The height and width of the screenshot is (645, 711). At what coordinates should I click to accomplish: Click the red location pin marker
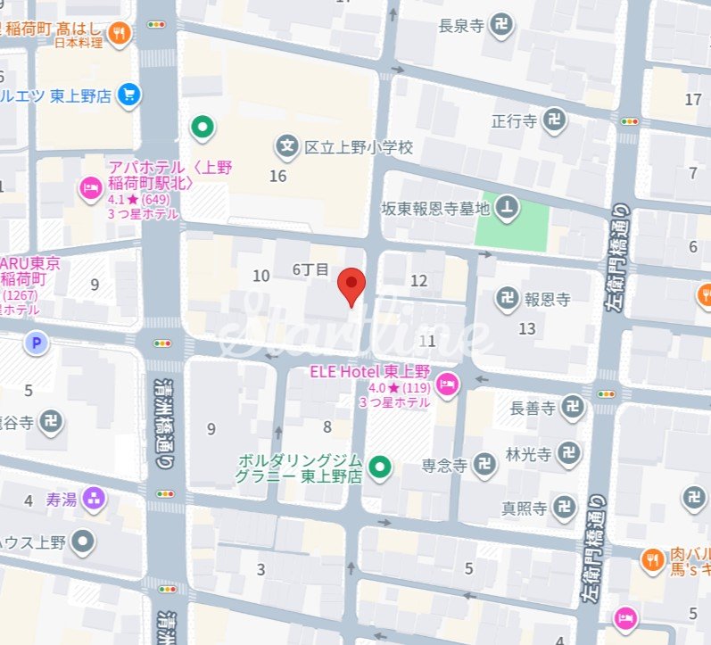(x=352, y=286)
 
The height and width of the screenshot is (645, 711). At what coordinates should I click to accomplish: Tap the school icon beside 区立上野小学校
(x=286, y=145)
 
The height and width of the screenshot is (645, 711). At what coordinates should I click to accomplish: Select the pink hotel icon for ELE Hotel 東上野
(x=449, y=383)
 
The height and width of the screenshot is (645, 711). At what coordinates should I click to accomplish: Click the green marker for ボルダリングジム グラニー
(x=381, y=466)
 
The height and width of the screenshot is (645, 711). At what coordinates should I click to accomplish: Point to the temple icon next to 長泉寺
(x=501, y=26)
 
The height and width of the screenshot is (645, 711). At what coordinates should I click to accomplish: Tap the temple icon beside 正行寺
(x=554, y=120)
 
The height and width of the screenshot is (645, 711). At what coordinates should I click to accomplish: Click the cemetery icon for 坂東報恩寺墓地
(x=508, y=208)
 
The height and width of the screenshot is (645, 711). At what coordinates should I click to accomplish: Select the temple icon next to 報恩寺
(x=507, y=300)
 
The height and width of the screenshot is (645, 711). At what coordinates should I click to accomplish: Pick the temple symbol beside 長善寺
(x=573, y=409)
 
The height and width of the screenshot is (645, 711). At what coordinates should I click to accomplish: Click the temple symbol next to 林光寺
(x=567, y=453)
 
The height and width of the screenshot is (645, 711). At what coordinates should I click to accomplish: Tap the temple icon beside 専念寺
(x=485, y=464)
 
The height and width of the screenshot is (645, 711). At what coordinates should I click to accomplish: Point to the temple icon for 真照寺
(x=563, y=509)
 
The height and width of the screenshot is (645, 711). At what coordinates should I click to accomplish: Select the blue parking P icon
(x=36, y=343)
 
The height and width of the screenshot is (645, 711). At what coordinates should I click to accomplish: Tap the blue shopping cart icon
(x=129, y=95)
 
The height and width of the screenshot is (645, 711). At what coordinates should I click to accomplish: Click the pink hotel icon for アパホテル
(x=91, y=188)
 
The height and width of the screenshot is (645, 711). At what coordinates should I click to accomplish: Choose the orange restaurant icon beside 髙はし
(x=119, y=34)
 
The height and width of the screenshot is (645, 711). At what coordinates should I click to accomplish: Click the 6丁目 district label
(x=310, y=269)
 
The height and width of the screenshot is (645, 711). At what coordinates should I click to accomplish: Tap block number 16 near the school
(x=278, y=176)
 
